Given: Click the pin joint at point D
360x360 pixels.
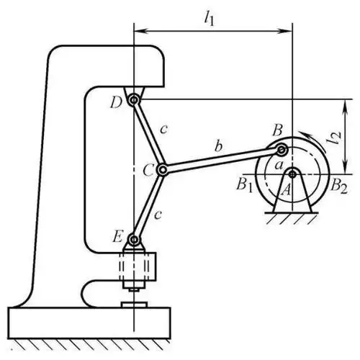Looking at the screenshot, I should click(134, 100).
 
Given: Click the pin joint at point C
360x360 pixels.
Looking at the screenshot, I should click(163, 171).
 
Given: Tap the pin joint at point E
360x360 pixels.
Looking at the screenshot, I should click(134, 239).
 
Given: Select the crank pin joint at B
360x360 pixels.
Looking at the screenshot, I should click(282, 150).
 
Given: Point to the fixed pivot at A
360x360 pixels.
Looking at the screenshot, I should click(292, 173).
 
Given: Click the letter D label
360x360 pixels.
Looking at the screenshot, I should click(115, 102).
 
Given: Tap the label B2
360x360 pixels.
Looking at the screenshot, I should click(338, 184).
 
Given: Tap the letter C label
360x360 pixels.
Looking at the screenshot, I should click(147, 171).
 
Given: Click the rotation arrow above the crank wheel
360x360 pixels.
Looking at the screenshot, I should click(307, 135).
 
